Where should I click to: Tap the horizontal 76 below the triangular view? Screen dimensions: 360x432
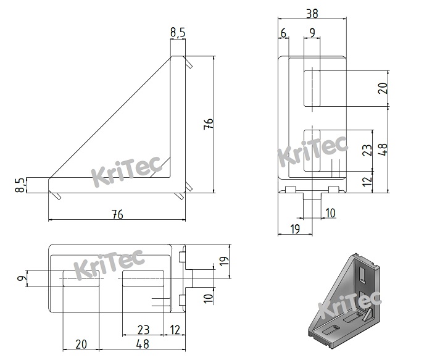(x=117, y=214)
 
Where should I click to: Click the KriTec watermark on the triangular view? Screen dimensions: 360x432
(x=126, y=170)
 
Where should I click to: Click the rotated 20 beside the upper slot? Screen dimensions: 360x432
(x=383, y=88)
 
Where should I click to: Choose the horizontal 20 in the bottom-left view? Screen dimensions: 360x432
(x=81, y=344)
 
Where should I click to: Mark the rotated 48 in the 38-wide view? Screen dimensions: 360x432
(x=383, y=149)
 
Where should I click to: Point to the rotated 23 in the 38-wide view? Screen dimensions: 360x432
(x=367, y=150)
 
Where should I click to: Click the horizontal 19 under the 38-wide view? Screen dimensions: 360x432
(x=295, y=229)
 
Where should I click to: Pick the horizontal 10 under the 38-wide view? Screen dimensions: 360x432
(x=330, y=213)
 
